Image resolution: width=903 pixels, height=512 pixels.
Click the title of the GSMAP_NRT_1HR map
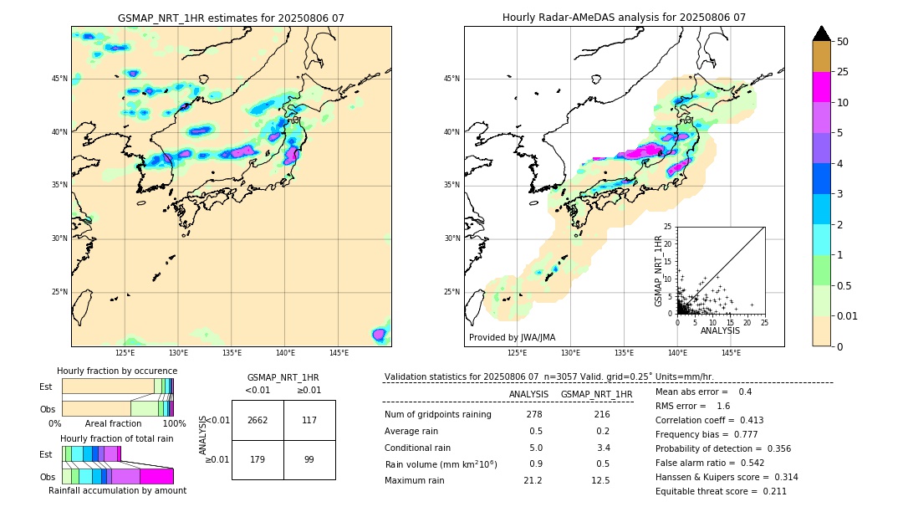[231, 18]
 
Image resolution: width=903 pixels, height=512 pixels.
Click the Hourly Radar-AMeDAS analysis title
[624, 18]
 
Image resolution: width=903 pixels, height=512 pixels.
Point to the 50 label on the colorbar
[843, 41]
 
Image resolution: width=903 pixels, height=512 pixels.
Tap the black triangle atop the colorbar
[822, 33]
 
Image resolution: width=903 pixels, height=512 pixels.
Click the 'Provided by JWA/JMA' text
[512, 337]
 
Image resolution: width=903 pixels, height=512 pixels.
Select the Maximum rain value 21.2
[533, 480]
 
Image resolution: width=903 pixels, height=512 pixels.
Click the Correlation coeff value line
[709, 420]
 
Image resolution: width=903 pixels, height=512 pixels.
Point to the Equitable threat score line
[721, 491]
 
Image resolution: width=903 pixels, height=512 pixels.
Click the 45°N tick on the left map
[59, 79]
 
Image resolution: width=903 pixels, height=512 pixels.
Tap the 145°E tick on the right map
[731, 353]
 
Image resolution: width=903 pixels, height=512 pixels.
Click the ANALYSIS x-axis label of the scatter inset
[720, 330]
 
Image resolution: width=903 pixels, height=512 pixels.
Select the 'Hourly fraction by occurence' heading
[117, 371]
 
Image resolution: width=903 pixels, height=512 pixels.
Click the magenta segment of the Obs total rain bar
[156, 476]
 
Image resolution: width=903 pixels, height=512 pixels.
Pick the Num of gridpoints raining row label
[437, 414]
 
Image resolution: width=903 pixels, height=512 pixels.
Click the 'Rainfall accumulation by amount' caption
[117, 490]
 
